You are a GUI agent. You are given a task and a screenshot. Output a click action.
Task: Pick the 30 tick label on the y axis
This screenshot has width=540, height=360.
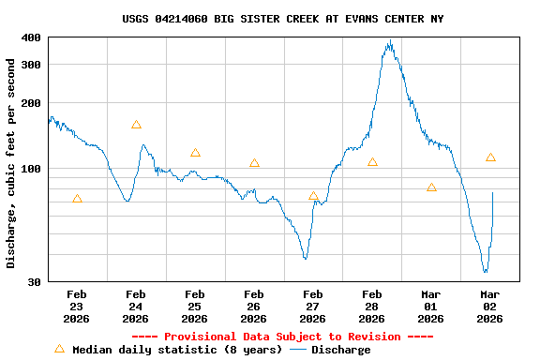(x=34, y=281)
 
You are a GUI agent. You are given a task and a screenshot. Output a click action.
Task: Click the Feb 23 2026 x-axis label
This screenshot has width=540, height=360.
(x=77, y=307)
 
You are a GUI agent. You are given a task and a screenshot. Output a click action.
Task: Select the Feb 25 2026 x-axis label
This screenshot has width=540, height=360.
(x=195, y=307)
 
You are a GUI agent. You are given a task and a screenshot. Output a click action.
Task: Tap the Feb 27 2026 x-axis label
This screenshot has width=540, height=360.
(x=313, y=307)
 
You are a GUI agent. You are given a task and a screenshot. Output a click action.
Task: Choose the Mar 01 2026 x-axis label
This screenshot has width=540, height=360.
(x=431, y=307)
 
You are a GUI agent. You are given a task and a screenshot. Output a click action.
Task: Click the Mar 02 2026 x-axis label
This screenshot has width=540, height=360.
(x=490, y=307)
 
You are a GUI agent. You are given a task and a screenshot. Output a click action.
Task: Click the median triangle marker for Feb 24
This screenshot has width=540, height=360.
(x=136, y=125)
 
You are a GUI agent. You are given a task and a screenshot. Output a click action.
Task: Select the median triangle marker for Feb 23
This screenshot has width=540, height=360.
(x=77, y=199)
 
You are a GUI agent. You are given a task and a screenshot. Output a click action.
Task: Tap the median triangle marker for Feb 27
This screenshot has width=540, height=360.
(x=313, y=196)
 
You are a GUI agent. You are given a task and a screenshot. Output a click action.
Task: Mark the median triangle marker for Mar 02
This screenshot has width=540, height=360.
(x=490, y=157)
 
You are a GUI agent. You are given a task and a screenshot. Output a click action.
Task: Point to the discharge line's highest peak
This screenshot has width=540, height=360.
(x=390, y=41)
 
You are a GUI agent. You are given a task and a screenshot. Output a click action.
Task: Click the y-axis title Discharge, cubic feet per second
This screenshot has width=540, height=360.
(x=11, y=163)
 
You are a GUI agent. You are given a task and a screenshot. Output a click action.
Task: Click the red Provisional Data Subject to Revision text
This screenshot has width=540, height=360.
(x=282, y=337)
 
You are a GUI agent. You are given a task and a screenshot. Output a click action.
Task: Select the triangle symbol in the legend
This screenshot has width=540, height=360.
(x=59, y=349)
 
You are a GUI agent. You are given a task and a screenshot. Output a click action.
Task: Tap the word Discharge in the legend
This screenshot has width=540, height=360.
(x=340, y=350)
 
